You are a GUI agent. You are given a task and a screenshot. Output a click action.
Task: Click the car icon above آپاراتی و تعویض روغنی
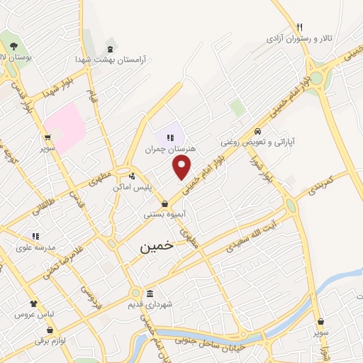258,131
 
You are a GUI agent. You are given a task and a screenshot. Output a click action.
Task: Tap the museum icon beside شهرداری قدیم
150,294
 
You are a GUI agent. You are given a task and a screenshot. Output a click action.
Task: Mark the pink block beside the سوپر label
66,126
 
